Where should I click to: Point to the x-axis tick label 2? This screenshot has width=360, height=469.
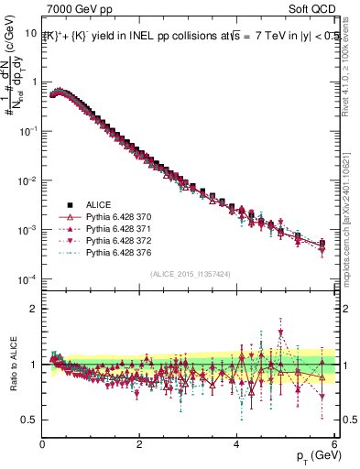point(139,444)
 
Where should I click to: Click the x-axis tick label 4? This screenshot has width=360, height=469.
point(236,444)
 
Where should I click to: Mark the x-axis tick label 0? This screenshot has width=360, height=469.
point(42,444)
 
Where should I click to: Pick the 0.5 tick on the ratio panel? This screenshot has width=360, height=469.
point(29,420)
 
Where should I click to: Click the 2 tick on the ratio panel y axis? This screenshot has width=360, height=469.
point(34,308)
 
